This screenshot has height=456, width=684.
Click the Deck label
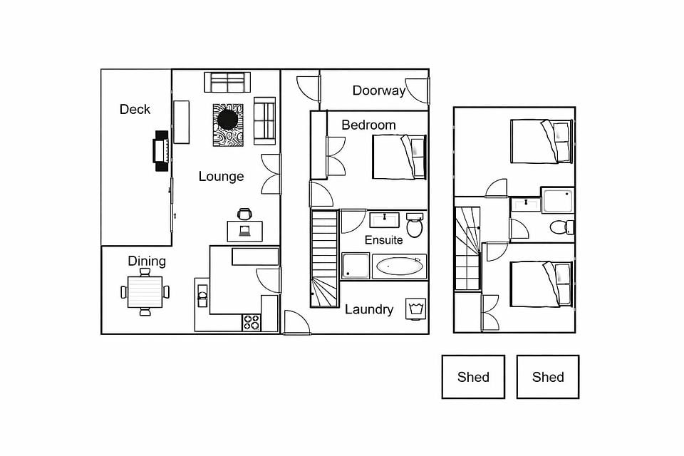pos(135,109)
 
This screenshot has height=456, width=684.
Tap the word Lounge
pos(221,176)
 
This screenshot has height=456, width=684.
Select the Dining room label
pos(147,261)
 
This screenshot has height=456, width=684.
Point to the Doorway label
pos(379,90)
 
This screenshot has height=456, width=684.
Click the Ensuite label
pos(383,240)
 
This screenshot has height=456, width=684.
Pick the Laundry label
pos(369,309)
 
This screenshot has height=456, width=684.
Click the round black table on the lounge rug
pos(228,119)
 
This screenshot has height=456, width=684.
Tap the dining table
pos(145,292)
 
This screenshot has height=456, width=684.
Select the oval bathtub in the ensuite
pos(399,266)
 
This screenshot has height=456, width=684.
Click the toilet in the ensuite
pos(415,224)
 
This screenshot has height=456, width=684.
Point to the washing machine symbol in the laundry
pos(415,309)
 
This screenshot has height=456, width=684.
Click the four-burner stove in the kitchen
pos(252,323)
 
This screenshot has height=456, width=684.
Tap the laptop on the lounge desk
pos(244,231)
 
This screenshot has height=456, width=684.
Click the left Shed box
pos(473,377)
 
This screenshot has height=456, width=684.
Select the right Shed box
pos(548,377)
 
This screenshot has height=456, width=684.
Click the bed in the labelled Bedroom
pos(399,157)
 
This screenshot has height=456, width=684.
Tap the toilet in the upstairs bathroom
pos(562,227)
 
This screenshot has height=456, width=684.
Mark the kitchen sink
pos(202,296)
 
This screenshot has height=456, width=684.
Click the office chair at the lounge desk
pos(244,214)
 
